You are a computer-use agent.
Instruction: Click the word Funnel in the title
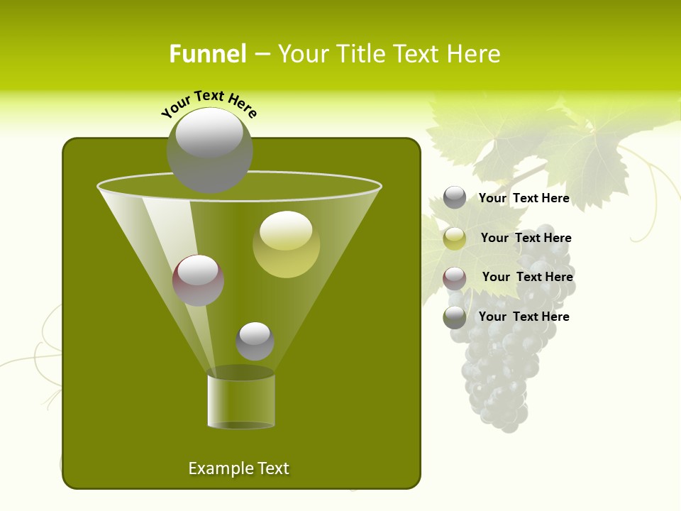[x=207, y=54]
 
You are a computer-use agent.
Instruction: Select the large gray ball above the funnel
[x=209, y=150]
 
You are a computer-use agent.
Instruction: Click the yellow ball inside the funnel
[x=286, y=244]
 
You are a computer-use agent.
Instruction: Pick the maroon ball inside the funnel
[x=198, y=280]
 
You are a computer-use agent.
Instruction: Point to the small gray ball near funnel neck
[x=255, y=341]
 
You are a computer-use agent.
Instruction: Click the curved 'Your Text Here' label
[x=209, y=103]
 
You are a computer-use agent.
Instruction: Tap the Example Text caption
[x=238, y=468]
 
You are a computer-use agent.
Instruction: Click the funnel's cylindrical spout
[x=241, y=401]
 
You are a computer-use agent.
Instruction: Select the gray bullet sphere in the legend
[x=455, y=197]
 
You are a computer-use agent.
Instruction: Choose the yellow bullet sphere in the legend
[x=455, y=238]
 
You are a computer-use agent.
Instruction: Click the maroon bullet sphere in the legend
[x=455, y=278]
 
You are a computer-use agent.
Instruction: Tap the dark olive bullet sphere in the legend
[x=455, y=317]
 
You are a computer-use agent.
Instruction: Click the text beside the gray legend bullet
[x=524, y=198]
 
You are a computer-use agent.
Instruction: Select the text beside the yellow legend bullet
[x=526, y=238]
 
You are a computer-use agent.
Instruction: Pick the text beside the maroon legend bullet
[x=527, y=277]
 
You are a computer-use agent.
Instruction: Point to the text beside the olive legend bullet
[x=524, y=317]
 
